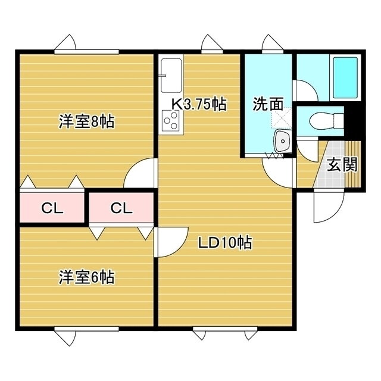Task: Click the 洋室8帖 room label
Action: [x=86, y=122]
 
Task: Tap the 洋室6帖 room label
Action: [x=86, y=277]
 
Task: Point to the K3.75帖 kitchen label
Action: [x=199, y=105]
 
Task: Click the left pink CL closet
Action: [x=52, y=208]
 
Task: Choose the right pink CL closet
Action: [x=121, y=208]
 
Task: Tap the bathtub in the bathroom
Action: [x=345, y=78]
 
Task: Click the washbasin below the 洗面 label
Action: [x=281, y=141]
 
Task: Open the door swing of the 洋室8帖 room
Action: [x=140, y=175]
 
